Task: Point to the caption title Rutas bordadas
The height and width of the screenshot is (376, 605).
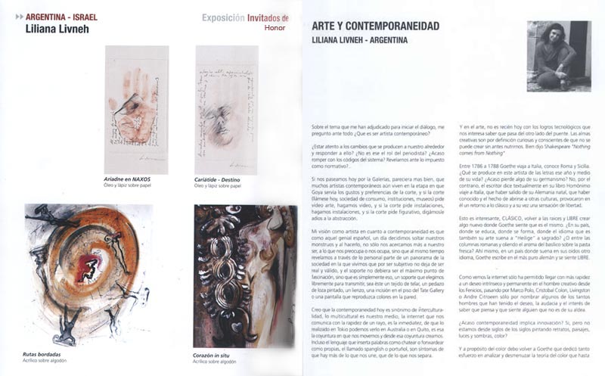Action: coord(43,354)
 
